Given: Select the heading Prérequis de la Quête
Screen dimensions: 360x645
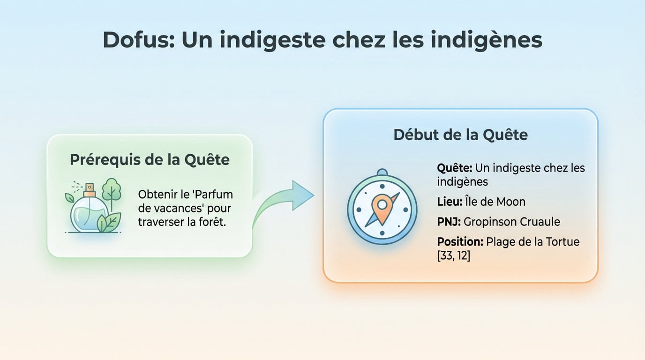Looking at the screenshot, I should point(150,160).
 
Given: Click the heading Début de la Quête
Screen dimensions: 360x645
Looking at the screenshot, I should point(460,135).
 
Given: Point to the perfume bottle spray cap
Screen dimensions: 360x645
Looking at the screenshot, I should point(90,190).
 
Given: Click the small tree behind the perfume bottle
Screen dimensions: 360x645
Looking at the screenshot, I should point(111,190).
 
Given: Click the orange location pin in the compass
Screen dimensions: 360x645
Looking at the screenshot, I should point(381,207).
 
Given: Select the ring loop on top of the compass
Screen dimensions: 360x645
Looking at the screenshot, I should point(382,172).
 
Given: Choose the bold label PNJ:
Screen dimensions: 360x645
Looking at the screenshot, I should point(449,222).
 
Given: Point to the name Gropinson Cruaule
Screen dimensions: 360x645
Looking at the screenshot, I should point(512,222).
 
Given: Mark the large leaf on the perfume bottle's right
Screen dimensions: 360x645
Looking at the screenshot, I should point(110,222).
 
